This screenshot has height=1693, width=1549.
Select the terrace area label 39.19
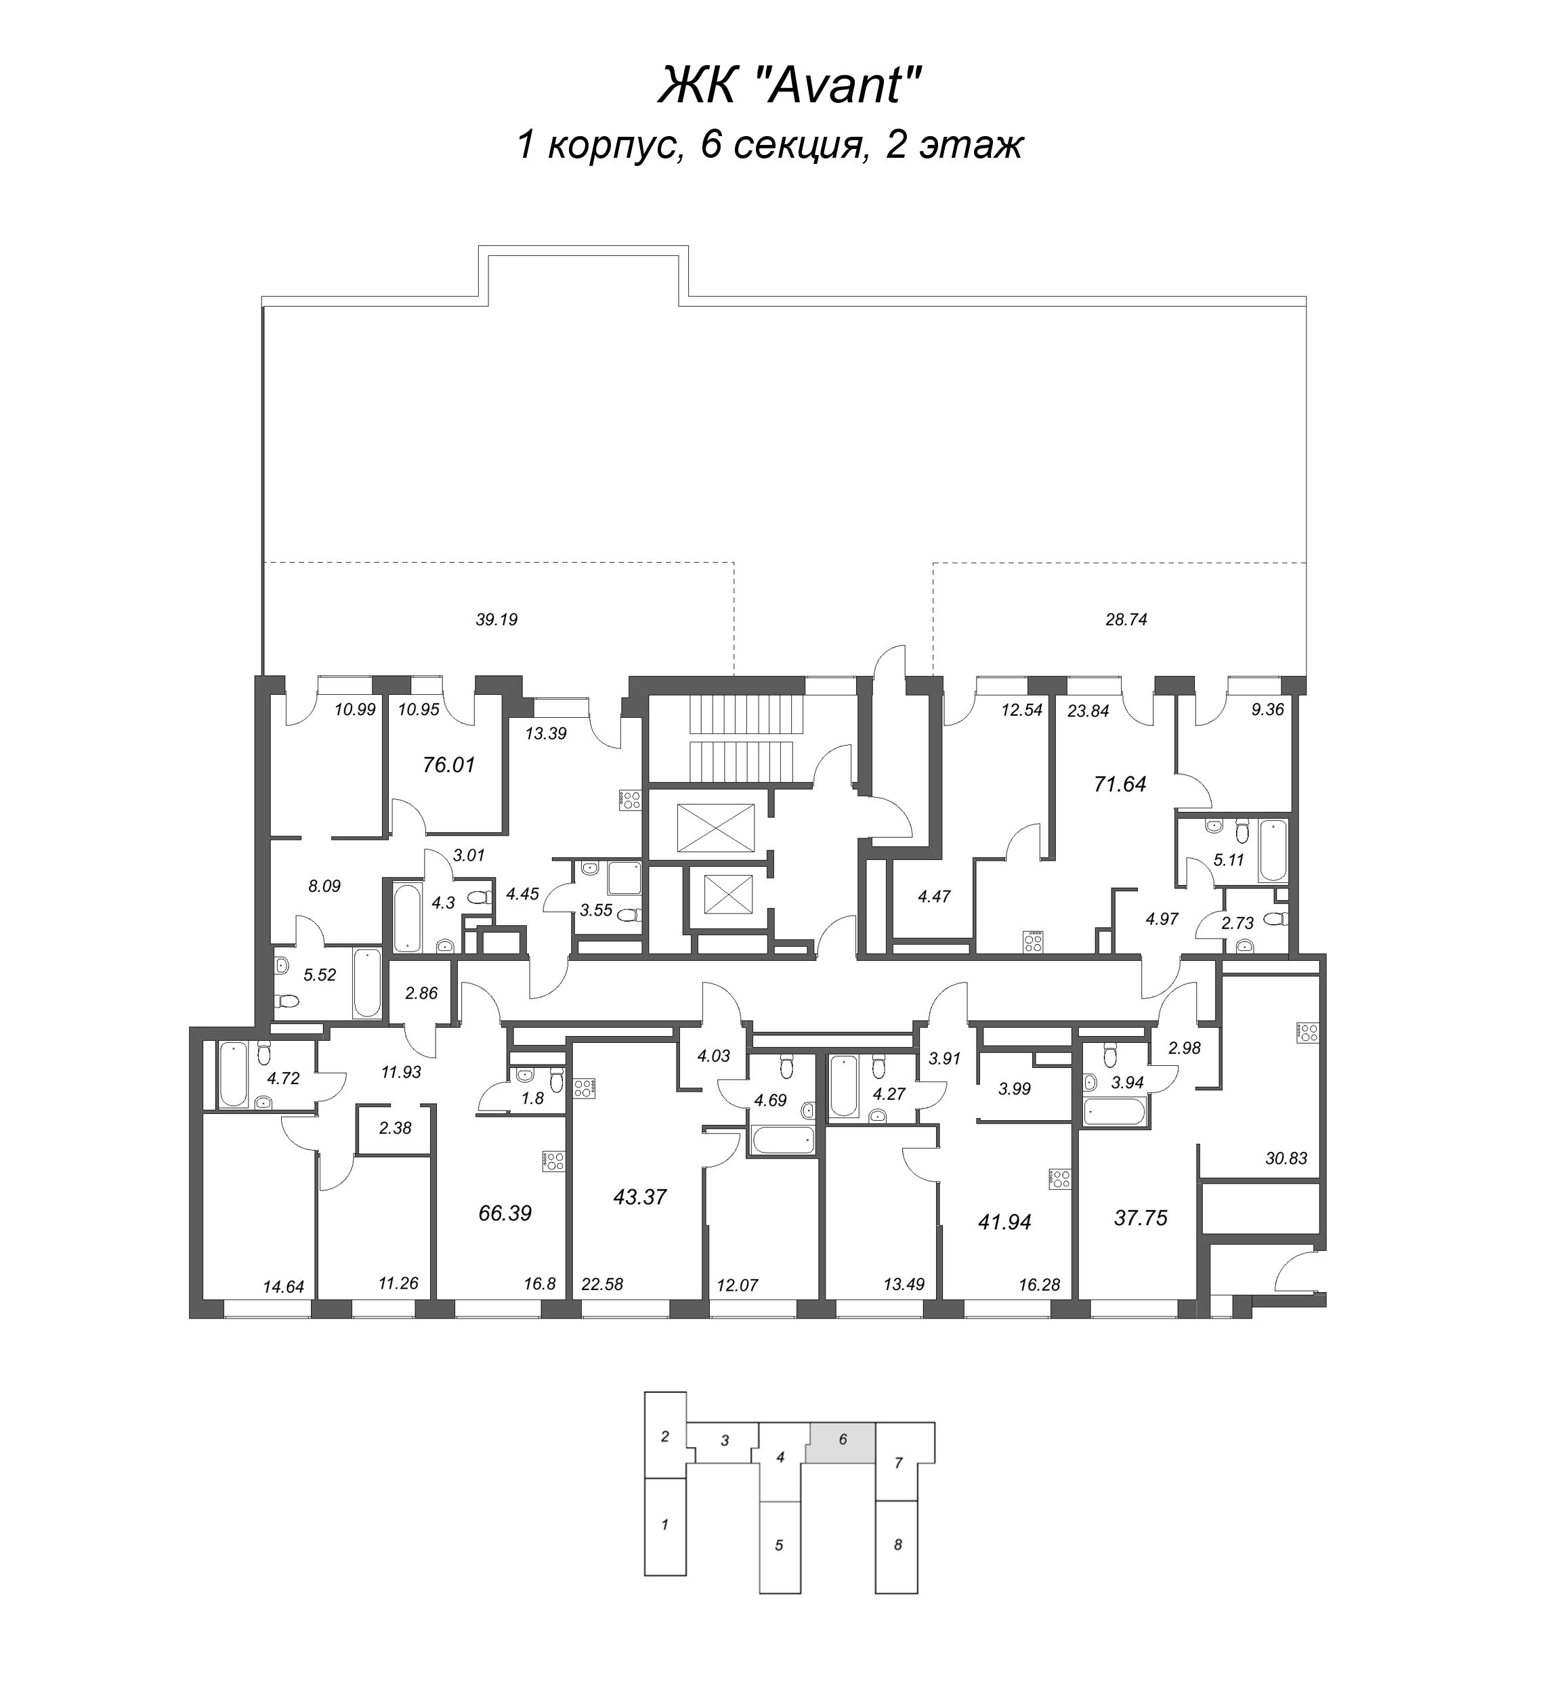click(496, 620)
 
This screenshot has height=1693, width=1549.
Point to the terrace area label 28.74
click(1126, 620)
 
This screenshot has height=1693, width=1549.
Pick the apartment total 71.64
click(1120, 784)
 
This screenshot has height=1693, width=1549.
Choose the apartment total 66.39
click(505, 1213)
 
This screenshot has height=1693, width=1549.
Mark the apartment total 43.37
click(640, 1197)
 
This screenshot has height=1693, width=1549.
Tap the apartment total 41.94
click(1004, 1221)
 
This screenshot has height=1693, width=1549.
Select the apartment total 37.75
click(1141, 1217)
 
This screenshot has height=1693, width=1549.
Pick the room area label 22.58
click(601, 1284)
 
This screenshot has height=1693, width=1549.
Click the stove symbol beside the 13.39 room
click(630, 800)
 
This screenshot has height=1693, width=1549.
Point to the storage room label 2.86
click(421, 993)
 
